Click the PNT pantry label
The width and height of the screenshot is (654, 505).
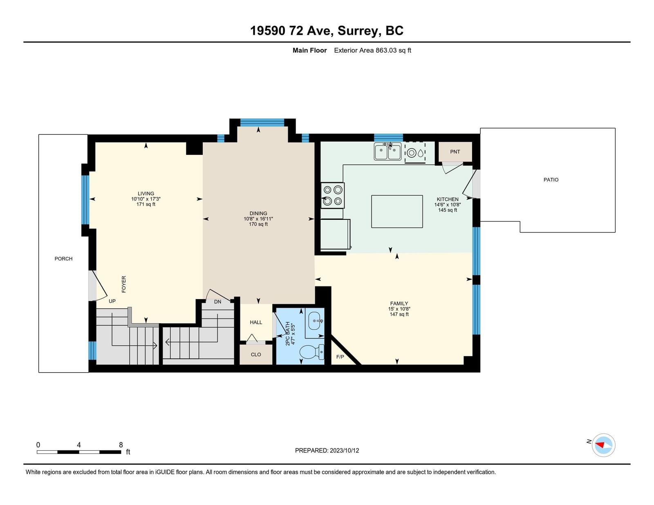point(455,152)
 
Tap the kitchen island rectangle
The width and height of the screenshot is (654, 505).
point(397,212)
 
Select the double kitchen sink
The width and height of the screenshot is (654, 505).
point(387,151)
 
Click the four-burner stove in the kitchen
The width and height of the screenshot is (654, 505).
point(333,195)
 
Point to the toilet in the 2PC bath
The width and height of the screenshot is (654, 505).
point(312,352)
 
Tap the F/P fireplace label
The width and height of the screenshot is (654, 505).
point(340,357)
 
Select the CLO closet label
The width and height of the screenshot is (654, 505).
point(256,355)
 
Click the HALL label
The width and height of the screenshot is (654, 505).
point(256,322)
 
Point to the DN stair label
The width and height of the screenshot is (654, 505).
point(217,302)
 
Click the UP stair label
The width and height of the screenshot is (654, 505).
point(112,301)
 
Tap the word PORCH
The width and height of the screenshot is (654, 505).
point(63,259)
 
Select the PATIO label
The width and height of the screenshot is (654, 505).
point(551,180)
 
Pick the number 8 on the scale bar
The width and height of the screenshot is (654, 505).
point(121,445)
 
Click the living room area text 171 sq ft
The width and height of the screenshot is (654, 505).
point(146,204)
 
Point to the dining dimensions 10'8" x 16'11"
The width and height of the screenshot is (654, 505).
point(258,219)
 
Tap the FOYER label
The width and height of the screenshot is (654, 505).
point(124,284)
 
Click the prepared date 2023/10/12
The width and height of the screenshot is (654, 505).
point(344,451)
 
